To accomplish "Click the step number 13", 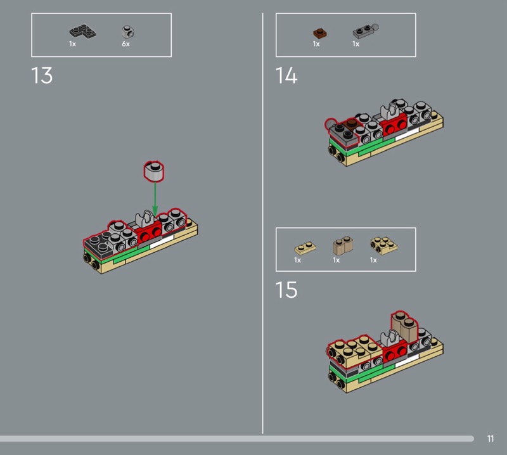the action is pyautogui.click(x=42, y=75).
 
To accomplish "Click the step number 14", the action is pyautogui.click(x=286, y=75).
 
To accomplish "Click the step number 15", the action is pyautogui.click(x=286, y=290).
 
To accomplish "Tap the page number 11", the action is pyautogui.click(x=491, y=439).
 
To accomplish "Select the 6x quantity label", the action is pyautogui.click(x=125, y=44).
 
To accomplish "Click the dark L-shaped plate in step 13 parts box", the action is pyautogui.click(x=82, y=31).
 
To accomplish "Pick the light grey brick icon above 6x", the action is pyautogui.click(x=128, y=32).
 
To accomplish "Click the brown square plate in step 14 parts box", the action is pyautogui.click(x=320, y=33).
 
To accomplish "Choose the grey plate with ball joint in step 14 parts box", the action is pyautogui.click(x=366, y=31).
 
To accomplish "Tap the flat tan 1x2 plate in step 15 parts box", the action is pyautogui.click(x=305, y=248).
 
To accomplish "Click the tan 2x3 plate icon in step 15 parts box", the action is pyautogui.click(x=384, y=246).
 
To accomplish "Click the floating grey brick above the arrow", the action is pyautogui.click(x=154, y=170).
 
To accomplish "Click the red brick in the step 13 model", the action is pyautogui.click(x=148, y=232).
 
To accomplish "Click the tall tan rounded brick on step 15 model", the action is pyautogui.click(x=404, y=326).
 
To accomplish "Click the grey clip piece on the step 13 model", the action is pyautogui.click(x=144, y=219).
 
